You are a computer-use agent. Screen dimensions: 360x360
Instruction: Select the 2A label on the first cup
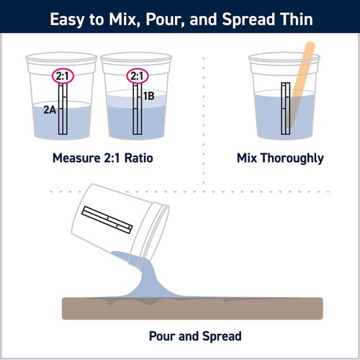(50, 110)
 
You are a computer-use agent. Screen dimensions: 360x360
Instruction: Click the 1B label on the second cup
(149, 96)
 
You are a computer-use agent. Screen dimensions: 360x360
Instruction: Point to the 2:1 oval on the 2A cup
(63, 76)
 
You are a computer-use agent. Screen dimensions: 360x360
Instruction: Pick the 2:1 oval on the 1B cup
(138, 76)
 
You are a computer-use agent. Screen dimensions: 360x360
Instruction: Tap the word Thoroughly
(292, 158)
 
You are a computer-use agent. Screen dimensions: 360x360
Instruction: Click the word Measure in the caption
(76, 158)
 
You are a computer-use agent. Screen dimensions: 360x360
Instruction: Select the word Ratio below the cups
(139, 158)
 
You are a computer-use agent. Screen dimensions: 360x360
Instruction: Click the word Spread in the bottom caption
(222, 336)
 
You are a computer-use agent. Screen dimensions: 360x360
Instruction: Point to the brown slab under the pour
(192, 308)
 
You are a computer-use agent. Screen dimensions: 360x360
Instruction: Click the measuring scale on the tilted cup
(107, 220)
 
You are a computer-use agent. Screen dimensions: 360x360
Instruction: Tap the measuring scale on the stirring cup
(286, 109)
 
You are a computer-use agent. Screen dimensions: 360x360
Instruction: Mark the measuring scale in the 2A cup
(63, 109)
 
